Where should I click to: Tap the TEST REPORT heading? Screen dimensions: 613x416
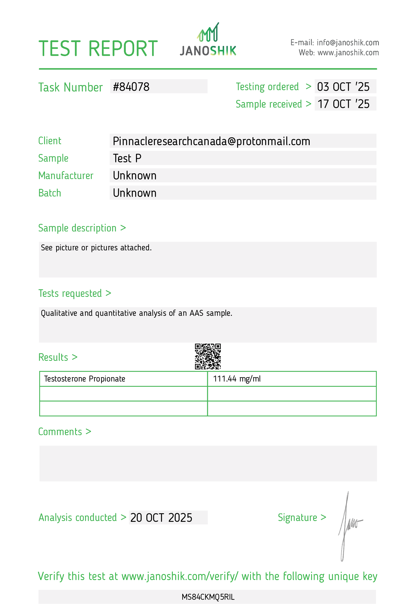[98, 49]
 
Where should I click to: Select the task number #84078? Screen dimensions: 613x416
[131, 87]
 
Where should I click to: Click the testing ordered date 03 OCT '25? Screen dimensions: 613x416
[343, 87]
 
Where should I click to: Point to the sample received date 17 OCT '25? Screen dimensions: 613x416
[343, 104]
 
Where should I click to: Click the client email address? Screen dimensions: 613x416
[211, 141]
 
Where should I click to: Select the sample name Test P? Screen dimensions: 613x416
[127, 158]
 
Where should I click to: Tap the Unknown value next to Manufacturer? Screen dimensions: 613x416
[135, 176]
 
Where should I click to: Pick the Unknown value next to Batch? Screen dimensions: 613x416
[135, 193]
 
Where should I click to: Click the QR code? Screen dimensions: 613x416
[208, 356]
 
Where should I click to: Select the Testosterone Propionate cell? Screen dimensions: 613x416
[84, 379]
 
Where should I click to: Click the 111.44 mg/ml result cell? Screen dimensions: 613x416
[237, 379]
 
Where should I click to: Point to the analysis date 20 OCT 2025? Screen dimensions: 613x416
[161, 517]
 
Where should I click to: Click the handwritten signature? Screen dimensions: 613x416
[348, 525]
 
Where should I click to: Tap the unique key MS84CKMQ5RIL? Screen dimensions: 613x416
[208, 597]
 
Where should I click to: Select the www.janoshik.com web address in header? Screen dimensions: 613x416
[348, 53]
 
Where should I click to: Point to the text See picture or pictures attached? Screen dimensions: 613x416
[96, 248]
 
